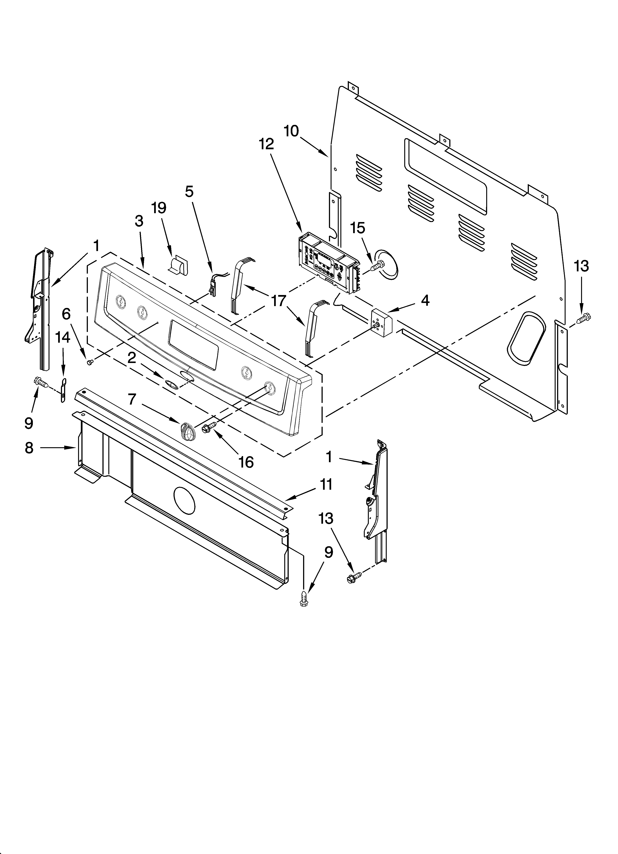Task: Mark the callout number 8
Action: (x=29, y=448)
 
